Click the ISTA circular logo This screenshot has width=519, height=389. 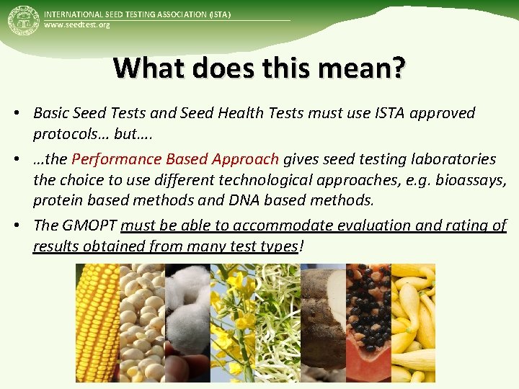coord(22,22)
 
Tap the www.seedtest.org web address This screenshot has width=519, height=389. coord(77,25)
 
